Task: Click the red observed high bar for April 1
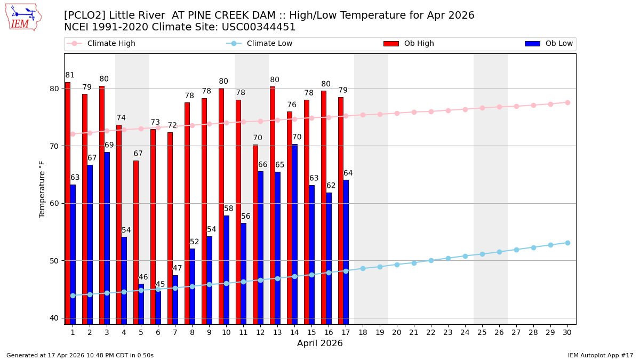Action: tap(68, 203)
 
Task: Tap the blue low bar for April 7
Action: tap(175, 299)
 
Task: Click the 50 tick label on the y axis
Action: tap(53, 261)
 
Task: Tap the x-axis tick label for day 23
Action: tap(448, 332)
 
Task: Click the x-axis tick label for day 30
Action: tap(567, 332)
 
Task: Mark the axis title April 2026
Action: tap(320, 343)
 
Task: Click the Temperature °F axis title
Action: tap(42, 189)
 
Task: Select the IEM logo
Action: tap(23, 17)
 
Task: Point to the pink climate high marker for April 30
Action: tap(567, 102)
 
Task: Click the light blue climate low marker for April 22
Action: tap(431, 260)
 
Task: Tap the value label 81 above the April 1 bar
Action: tap(70, 75)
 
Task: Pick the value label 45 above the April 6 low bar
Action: tap(160, 284)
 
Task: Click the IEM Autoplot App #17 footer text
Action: tap(601, 355)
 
